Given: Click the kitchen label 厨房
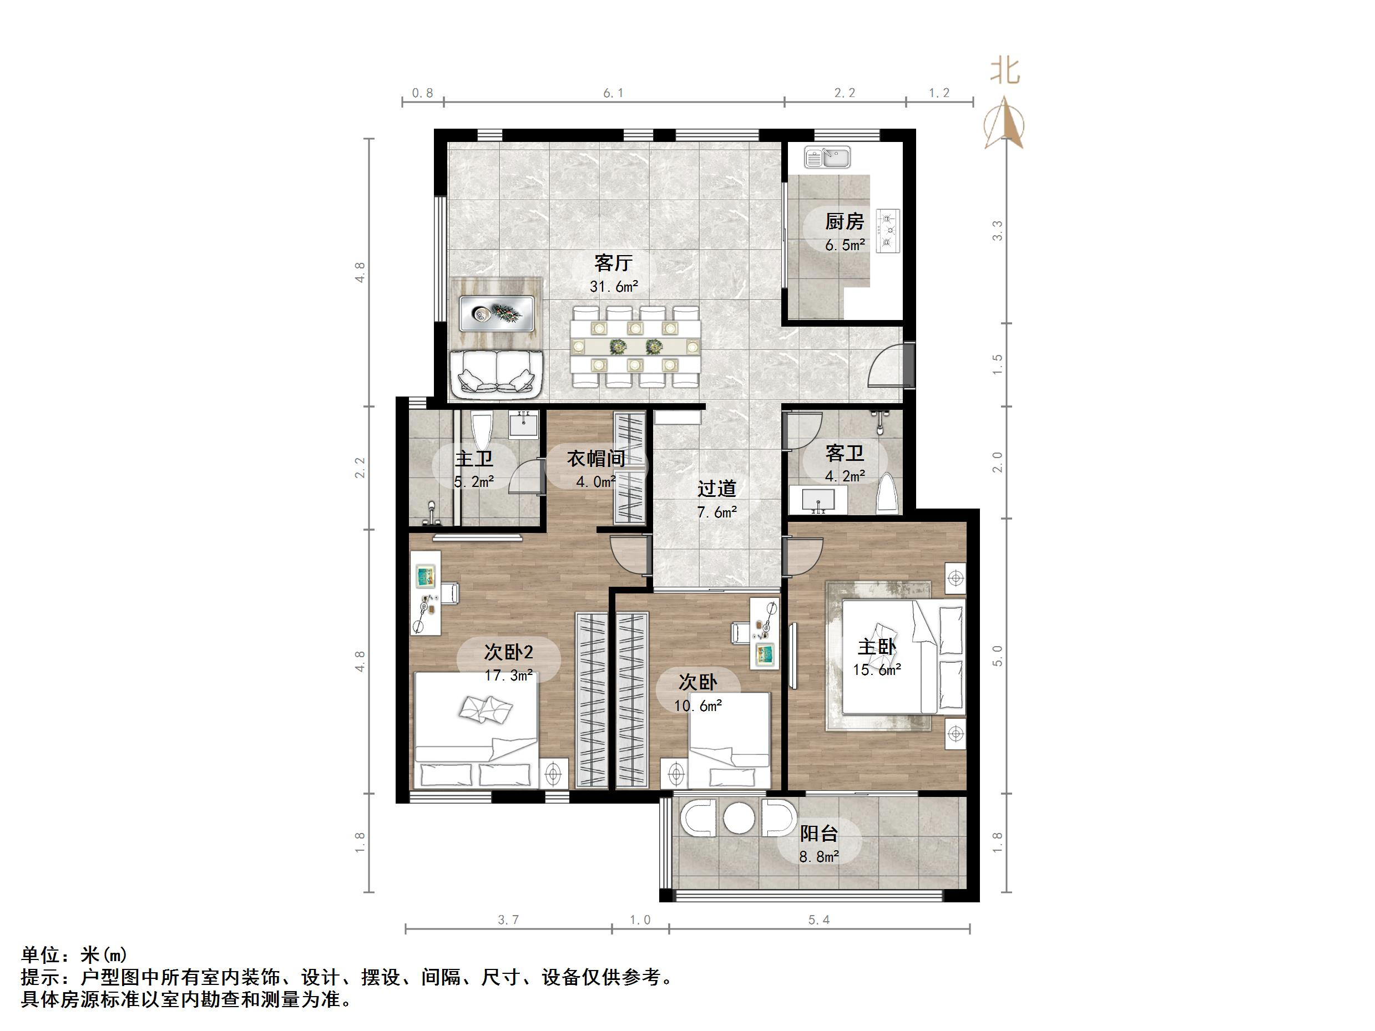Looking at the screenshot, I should pyautogui.click(x=844, y=221).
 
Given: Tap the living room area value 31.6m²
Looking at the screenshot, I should pyautogui.click(x=614, y=287).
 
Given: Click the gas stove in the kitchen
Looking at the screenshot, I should pyautogui.click(x=888, y=231).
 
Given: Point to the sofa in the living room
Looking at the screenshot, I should pyautogui.click(x=497, y=374).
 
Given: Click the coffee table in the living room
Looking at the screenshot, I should pyautogui.click(x=496, y=313).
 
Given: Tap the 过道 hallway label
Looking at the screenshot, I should pyautogui.click(x=716, y=489).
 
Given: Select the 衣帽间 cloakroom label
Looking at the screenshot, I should pyautogui.click(x=595, y=459).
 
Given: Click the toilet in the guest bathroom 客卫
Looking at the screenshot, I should pyautogui.click(x=888, y=494).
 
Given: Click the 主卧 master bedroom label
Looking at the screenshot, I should pyautogui.click(x=877, y=647).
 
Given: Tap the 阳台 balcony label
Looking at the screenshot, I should pyautogui.click(x=818, y=834).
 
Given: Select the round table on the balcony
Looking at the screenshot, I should pyautogui.click(x=739, y=819).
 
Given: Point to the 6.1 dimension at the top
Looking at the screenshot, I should pyautogui.click(x=613, y=93).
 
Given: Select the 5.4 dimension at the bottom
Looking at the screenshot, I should pyautogui.click(x=818, y=920).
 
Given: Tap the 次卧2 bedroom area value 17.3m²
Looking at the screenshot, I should pyautogui.click(x=508, y=676).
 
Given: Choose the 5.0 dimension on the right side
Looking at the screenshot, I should pyautogui.click(x=997, y=656).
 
